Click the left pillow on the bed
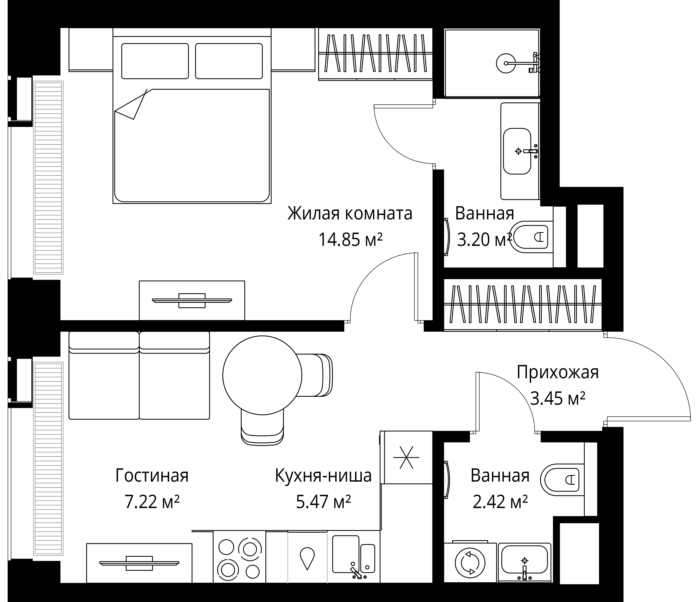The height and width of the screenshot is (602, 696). coord(155,61)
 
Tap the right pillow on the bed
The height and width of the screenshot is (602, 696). coord(229,61)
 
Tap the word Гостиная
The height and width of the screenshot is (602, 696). coord(152,476)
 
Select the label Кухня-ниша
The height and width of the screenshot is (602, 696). coord(323,476)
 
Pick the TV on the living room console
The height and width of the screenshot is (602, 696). coord(139,563)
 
